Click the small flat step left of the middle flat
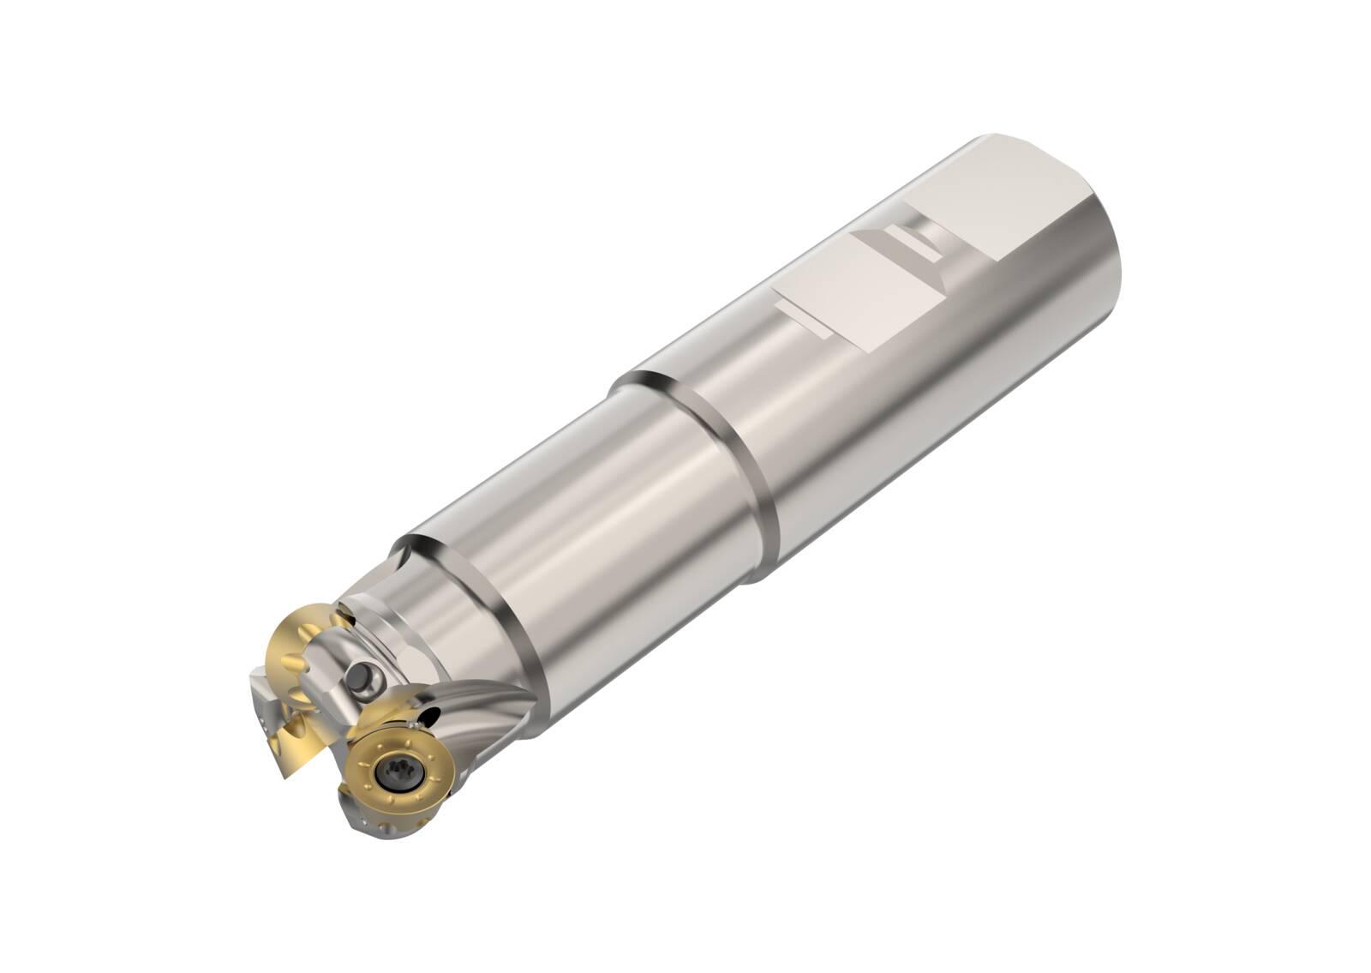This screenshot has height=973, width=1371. pyautogui.click(x=801, y=317)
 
